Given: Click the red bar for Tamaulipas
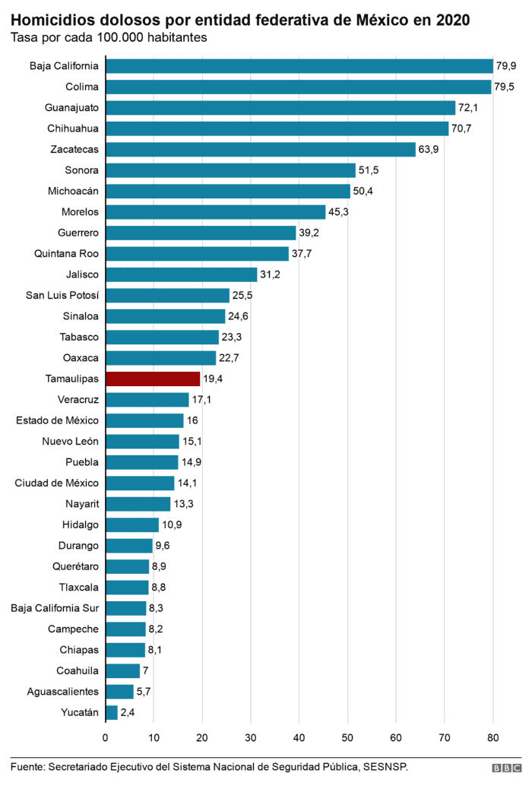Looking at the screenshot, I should click(x=153, y=379).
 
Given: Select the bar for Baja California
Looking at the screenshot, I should click(x=299, y=66).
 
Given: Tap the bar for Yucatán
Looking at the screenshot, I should click(x=111, y=712).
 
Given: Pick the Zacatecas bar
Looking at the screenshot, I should click(x=260, y=149).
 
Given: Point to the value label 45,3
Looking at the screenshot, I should click(x=338, y=211).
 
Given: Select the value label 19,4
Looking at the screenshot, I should click(x=214, y=379).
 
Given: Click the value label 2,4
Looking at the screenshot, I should click(x=128, y=712).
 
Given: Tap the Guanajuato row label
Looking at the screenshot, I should click(x=71, y=107).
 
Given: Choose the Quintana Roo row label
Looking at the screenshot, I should click(x=67, y=253).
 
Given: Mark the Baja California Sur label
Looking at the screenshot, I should click(x=55, y=607).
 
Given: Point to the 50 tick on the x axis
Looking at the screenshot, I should click(x=347, y=737).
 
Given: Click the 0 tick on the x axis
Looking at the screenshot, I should click(x=105, y=737).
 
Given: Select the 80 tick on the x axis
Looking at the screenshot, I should click(x=492, y=737).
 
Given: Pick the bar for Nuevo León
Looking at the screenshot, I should click(x=142, y=441).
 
